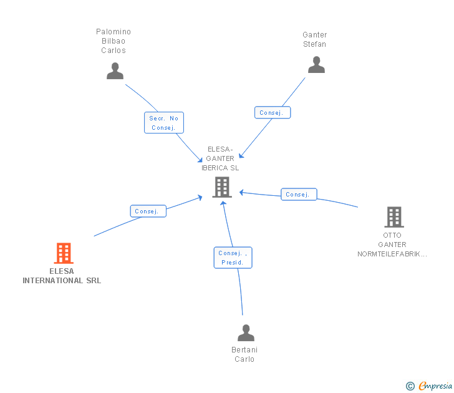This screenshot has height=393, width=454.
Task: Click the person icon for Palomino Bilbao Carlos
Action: pyautogui.click(x=115, y=70)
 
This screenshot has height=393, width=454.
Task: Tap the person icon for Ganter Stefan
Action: pyautogui.click(x=316, y=64)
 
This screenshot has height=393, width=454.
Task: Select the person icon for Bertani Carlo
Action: pyautogui.click(x=246, y=332)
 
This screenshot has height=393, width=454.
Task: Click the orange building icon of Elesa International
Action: pyautogui.click(x=64, y=253)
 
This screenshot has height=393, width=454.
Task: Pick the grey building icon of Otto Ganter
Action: pyautogui.click(x=394, y=217)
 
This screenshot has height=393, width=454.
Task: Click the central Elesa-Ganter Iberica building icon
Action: pyautogui.click(x=222, y=187)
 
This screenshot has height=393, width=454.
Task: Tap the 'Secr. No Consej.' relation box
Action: pyautogui.click(x=164, y=123)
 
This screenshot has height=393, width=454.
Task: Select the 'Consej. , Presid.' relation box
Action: pyautogui.click(x=233, y=258)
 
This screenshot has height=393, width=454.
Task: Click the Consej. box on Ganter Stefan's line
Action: pyautogui.click(x=273, y=113)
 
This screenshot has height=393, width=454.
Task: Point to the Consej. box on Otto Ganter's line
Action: pyautogui.click(x=299, y=195)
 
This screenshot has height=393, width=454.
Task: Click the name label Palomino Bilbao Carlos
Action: pyautogui.click(x=113, y=41)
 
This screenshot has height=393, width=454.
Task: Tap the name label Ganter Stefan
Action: pyautogui.click(x=315, y=39)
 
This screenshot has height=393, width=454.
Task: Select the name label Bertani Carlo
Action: pyautogui.click(x=244, y=354)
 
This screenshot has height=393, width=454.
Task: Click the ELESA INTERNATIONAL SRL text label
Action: pyautogui.click(x=62, y=276)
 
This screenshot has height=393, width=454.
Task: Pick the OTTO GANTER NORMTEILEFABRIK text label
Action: pyautogui.click(x=393, y=245)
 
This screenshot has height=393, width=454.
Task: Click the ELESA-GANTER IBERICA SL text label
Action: pyautogui.click(x=220, y=158)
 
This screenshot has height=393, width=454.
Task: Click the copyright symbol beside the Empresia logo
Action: pyautogui.click(x=410, y=386)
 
